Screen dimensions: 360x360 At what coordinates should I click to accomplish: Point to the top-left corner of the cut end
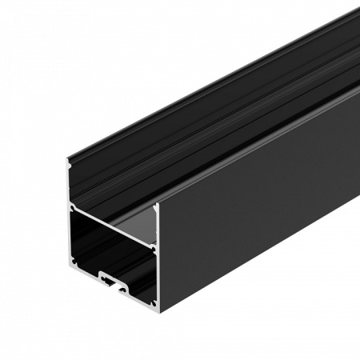69,160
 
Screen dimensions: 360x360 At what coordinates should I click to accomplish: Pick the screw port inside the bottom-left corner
74,259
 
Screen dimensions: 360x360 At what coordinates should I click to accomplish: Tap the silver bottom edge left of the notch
84,270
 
